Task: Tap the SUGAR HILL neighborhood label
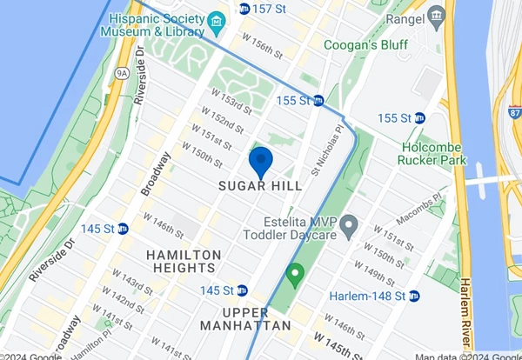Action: tap(260, 186)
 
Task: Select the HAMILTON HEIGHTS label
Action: tap(184, 261)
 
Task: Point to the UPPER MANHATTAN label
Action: tap(244, 318)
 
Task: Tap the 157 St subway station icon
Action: tap(244, 9)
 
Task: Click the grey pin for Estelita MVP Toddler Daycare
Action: tap(348, 228)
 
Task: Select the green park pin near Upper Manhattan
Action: tap(295, 276)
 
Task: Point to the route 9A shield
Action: tap(122, 75)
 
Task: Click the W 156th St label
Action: tap(262, 46)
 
